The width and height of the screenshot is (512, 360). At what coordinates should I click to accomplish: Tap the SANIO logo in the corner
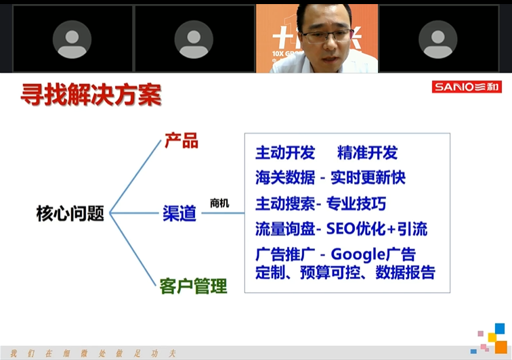(x=467, y=87)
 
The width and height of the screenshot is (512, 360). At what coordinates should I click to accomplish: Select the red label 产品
(x=181, y=141)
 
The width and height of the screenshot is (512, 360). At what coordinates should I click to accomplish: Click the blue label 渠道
(x=179, y=213)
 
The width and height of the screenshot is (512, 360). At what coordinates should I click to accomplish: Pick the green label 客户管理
(x=193, y=286)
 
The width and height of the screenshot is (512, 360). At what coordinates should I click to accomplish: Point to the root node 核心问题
(x=70, y=214)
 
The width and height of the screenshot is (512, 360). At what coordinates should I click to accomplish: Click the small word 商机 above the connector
(x=219, y=203)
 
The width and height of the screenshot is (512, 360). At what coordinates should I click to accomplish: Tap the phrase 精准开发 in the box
(x=367, y=153)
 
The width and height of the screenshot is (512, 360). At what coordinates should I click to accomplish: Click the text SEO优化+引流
(x=377, y=229)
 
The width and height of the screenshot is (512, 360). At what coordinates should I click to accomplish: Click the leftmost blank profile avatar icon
(x=72, y=39)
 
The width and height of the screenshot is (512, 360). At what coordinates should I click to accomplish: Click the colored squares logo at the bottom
(x=492, y=339)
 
